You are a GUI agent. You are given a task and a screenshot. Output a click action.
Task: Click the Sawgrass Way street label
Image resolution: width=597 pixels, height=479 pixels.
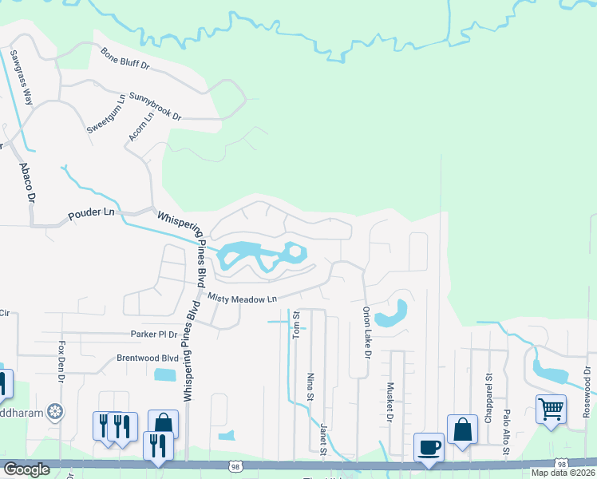coord(22,78)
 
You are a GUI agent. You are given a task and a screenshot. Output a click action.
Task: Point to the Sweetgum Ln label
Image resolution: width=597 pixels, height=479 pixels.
coord(106,114)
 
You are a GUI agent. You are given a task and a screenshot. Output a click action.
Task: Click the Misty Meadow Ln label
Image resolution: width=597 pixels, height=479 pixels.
coord(242,298)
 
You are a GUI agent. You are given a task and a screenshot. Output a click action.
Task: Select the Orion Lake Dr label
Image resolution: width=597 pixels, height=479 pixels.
coord(367,331)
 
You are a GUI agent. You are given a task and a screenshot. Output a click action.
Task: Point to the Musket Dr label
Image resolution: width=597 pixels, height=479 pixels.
coord(390,401)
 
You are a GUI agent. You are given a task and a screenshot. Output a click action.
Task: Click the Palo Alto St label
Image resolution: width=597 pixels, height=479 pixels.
coord(507,433)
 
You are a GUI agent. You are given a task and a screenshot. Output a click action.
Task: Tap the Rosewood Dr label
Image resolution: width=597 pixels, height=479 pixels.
coord(587,395)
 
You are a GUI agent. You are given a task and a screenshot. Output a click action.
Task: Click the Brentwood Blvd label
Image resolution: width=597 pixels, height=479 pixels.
coord(148,358)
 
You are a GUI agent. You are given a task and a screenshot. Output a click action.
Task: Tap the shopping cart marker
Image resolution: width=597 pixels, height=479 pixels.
coord(551,409)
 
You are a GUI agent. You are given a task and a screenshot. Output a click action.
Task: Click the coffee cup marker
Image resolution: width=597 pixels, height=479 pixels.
coord(429,446)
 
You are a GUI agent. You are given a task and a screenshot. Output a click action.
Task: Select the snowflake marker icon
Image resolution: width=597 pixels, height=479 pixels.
coord(56,412)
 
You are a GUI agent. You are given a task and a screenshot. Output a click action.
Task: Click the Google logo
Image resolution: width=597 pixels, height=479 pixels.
coord(26,469)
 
